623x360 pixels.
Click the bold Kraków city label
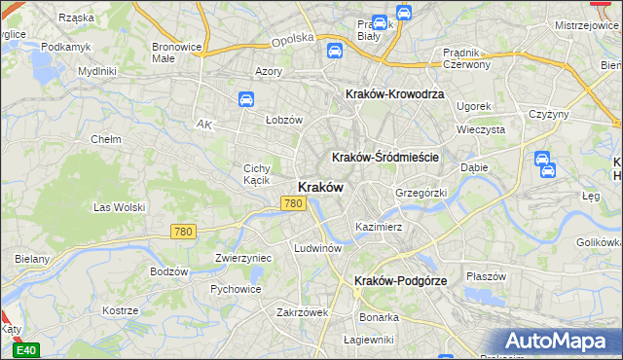(x=318, y=188)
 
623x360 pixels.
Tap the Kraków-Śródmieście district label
(x=386, y=157)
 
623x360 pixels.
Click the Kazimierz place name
(x=379, y=226)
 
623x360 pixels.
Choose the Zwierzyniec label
(x=242, y=258)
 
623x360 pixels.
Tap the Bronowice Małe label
(x=176, y=53)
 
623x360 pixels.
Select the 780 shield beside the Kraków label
(x=293, y=203)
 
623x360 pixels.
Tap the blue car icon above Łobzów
(x=245, y=99)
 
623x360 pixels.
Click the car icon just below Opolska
(x=333, y=51)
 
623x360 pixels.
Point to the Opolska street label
(x=292, y=38)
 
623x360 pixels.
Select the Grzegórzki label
(x=421, y=192)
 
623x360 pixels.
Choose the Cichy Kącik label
(x=262, y=174)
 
